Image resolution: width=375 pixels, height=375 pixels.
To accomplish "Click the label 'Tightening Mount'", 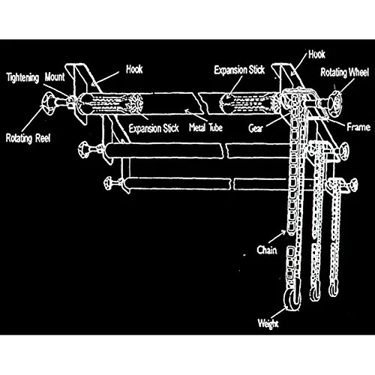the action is (35, 77).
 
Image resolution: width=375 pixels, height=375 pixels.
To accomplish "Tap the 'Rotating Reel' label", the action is (28, 138).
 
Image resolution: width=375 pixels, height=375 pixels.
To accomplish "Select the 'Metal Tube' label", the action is (205, 127).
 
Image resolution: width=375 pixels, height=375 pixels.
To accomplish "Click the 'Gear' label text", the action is (256, 128).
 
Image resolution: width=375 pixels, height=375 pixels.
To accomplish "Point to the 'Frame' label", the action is (358, 127).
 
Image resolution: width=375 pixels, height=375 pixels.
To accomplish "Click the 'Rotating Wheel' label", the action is (344, 73).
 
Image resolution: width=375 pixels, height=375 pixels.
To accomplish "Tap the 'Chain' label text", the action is (267, 250).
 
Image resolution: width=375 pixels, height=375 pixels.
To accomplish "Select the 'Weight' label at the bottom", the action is (268, 323).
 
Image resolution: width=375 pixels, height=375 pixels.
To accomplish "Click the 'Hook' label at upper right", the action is (316, 54).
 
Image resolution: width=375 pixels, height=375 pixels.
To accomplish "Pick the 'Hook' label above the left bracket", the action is (134, 69).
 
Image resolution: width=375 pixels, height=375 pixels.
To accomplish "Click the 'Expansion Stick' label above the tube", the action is (239, 70).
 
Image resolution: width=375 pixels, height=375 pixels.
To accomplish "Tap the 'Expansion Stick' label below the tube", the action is (154, 128).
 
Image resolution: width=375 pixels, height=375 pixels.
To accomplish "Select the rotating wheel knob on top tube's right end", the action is (334, 103).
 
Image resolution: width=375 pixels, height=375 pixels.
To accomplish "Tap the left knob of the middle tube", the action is (84, 150).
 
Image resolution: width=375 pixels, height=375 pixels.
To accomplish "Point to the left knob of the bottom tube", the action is (109, 183).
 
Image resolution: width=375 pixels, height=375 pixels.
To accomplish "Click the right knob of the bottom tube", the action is (354, 185).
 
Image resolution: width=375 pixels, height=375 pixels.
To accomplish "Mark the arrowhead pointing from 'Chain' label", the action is (283, 232).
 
